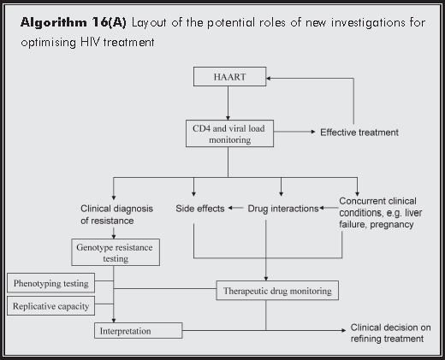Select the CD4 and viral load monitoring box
[x=227, y=133]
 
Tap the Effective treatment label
[x=359, y=133]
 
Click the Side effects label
[x=199, y=208]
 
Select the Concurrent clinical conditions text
[x=374, y=214]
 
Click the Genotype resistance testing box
[x=116, y=251]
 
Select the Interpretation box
[x=137, y=328]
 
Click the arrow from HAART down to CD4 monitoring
[x=227, y=104]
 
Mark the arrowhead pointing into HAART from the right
[x=265, y=79]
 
